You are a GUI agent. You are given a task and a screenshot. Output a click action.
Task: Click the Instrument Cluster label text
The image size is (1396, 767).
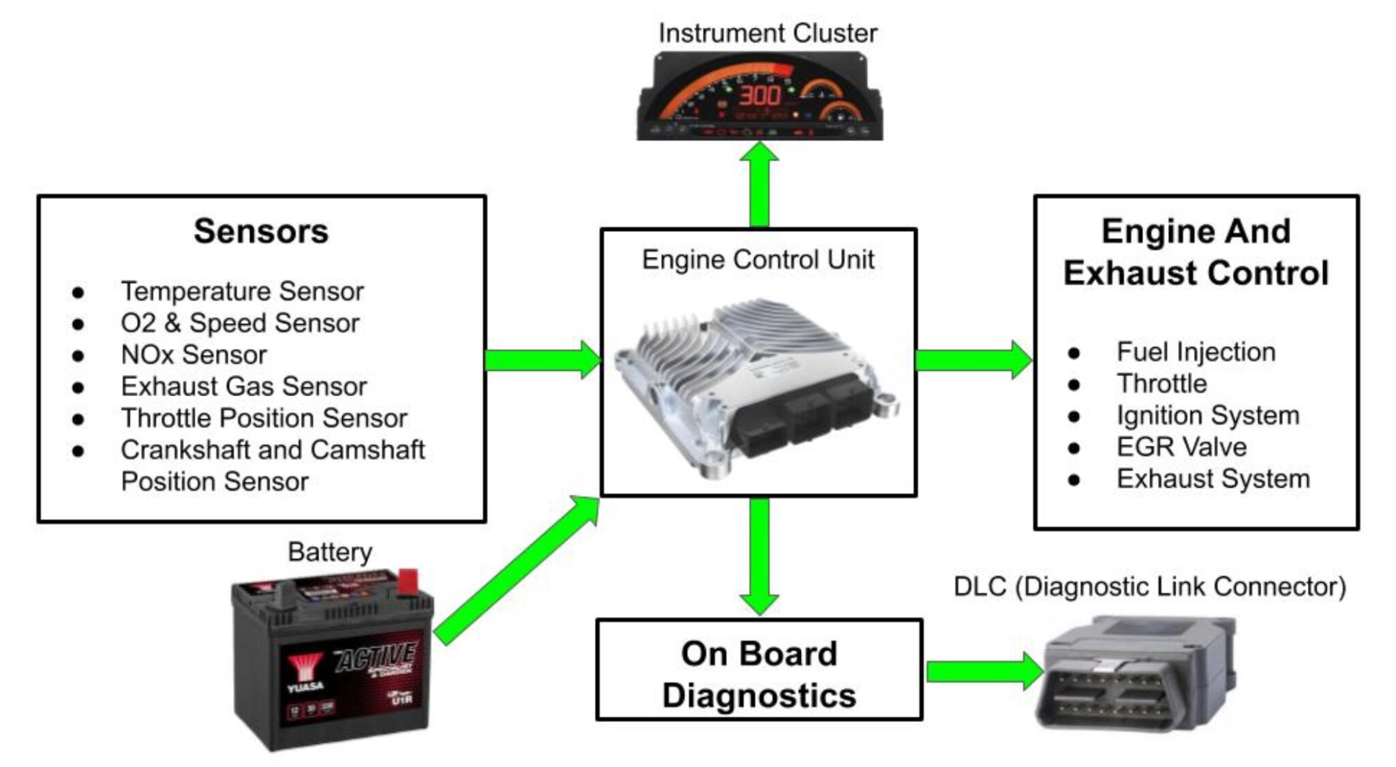(x=768, y=33)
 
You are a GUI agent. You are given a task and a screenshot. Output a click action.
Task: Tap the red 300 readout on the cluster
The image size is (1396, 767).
(x=760, y=95)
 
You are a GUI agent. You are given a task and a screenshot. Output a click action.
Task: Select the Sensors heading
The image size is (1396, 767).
(x=261, y=231)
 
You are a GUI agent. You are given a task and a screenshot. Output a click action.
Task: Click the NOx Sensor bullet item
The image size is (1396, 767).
(x=194, y=355)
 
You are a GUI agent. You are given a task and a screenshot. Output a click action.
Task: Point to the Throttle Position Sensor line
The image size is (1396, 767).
(x=264, y=418)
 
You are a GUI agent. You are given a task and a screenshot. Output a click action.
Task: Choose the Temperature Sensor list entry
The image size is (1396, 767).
(x=242, y=291)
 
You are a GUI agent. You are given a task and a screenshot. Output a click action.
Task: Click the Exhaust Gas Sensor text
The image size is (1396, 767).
(x=244, y=387)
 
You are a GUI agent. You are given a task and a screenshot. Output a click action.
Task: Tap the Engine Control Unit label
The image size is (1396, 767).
(x=758, y=260)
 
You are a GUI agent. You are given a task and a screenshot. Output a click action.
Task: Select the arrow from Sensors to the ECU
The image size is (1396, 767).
(x=543, y=360)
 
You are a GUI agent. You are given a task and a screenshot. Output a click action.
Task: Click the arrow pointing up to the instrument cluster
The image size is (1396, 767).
(x=759, y=184)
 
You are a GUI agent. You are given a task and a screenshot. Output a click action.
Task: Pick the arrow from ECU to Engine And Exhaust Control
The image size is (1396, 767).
(x=973, y=360)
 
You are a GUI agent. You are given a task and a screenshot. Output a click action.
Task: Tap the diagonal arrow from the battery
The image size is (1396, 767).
(x=517, y=570)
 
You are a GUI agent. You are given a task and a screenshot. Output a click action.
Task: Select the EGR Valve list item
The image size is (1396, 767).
(x=1181, y=447)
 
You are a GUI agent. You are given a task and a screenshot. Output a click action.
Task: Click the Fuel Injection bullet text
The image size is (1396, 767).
(x=1196, y=352)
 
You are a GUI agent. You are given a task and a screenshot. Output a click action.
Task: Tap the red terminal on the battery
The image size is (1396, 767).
(x=408, y=581)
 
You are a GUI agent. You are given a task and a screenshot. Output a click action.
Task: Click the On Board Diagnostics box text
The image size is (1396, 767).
(x=759, y=674)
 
